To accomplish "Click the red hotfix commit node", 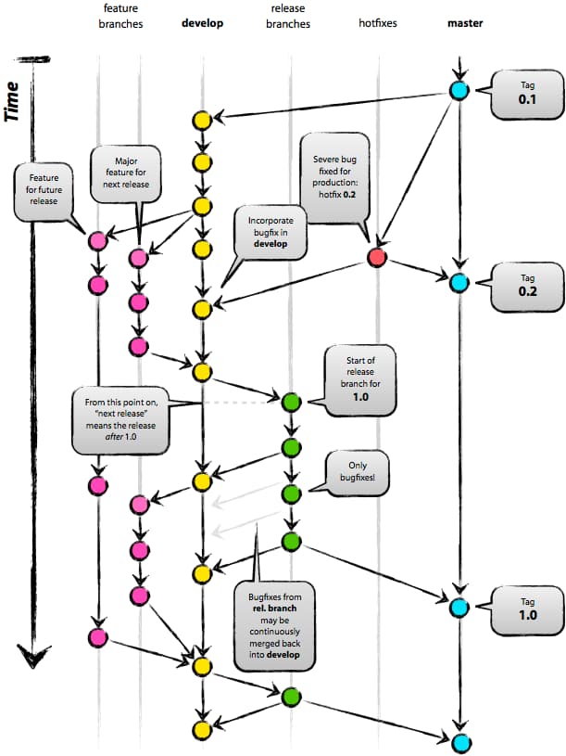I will click(x=376, y=257).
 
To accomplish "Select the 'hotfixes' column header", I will click(x=377, y=23).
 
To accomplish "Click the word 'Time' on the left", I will click(x=13, y=101).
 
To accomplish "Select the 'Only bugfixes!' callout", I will click(x=356, y=471).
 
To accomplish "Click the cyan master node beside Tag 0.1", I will click(x=459, y=90).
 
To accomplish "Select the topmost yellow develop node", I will click(x=201, y=120).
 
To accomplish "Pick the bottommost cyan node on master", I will click(x=459, y=741).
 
